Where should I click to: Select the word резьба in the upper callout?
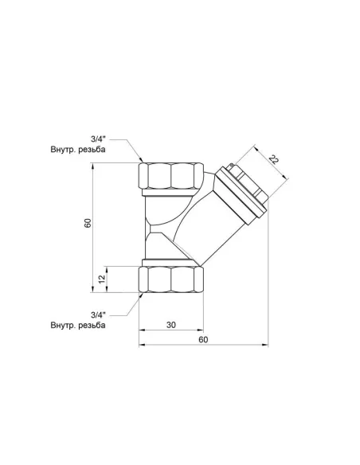click(x=116, y=150)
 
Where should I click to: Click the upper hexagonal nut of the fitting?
click(x=170, y=174)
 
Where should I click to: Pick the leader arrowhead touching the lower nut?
click(x=141, y=292)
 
